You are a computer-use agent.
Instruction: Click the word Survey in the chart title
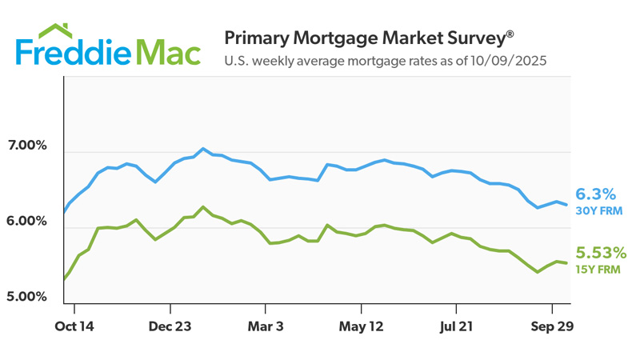coord(471,38)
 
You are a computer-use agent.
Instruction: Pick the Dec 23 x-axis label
coord(170,326)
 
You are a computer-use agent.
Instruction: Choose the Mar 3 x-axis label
coord(265,326)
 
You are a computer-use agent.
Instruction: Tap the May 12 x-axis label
coord(360,326)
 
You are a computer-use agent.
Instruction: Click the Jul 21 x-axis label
coord(456,326)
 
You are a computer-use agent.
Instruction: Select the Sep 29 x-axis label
coord(551,326)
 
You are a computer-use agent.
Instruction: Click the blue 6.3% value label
coord(595,194)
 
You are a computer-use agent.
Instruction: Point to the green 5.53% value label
coord(601,254)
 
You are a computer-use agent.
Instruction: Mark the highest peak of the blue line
coord(203,149)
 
